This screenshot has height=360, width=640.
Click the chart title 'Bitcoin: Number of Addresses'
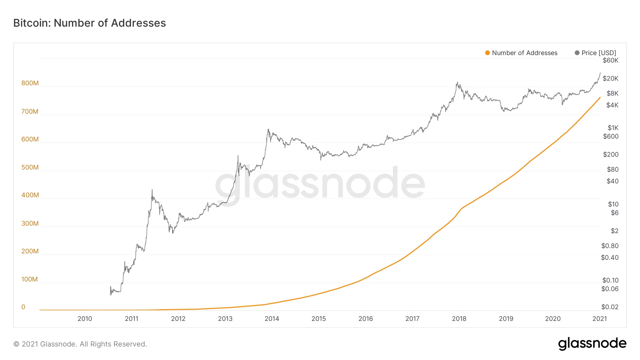[x=90, y=23]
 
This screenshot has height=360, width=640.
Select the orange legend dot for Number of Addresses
[x=487, y=53]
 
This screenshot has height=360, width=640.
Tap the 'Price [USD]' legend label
[x=599, y=53]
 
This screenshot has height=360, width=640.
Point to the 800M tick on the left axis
[x=30, y=83]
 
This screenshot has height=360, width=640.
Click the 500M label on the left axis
[x=30, y=167]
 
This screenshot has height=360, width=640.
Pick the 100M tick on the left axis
[x=30, y=279]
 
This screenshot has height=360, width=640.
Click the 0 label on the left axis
[x=23, y=307]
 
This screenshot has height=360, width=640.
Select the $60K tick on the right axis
[x=610, y=60]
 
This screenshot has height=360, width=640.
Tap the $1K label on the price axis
[x=613, y=128]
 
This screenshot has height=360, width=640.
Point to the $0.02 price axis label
[x=610, y=307]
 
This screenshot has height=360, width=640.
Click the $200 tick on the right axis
[x=611, y=155]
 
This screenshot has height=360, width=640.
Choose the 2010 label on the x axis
[x=85, y=319]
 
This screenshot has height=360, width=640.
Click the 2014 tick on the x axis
[x=272, y=319]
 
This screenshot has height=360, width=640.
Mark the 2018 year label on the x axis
[x=459, y=319]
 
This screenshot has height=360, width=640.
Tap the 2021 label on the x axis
[x=599, y=319]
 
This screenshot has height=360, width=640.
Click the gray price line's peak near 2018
[x=457, y=83]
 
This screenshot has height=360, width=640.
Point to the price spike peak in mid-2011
[x=152, y=190]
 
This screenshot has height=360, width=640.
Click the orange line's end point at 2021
[x=600, y=97]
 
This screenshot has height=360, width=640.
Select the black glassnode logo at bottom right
[x=592, y=344]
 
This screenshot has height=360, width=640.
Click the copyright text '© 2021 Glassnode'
[x=80, y=344]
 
